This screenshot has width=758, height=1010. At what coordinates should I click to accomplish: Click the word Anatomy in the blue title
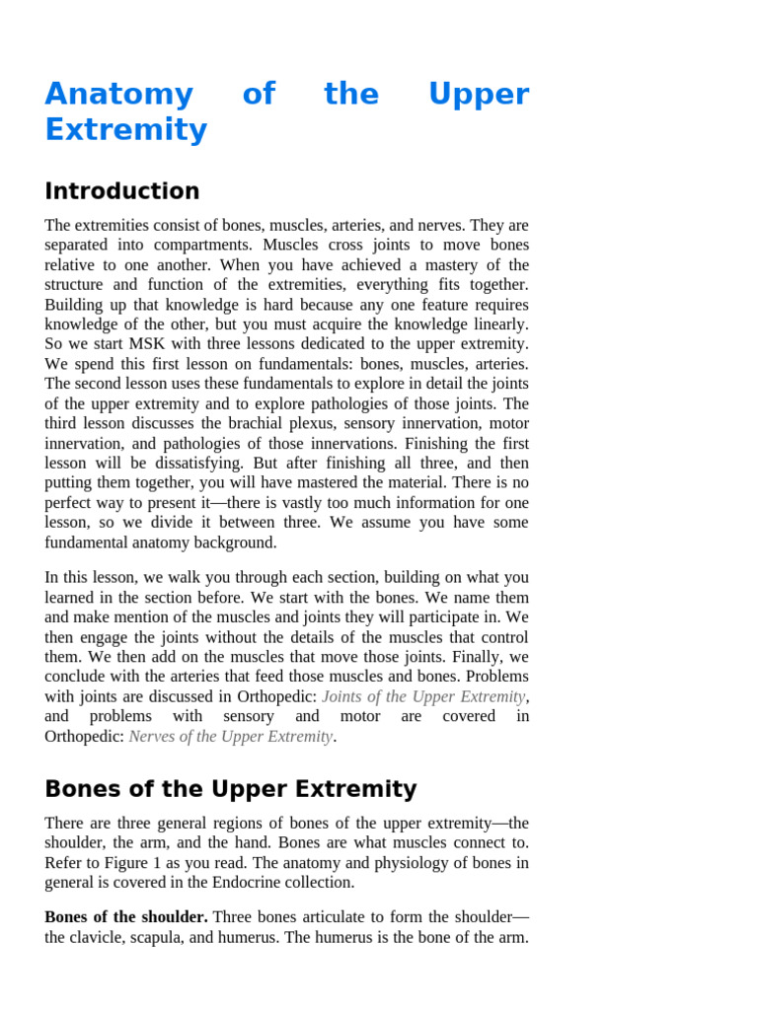coord(118,95)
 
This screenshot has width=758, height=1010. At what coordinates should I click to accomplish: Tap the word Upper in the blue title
coord(479,95)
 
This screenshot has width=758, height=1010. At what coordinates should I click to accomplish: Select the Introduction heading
coord(121,191)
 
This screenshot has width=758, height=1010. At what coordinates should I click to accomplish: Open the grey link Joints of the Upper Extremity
coord(423,696)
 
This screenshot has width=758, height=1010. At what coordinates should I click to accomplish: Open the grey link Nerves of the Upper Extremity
coord(230,736)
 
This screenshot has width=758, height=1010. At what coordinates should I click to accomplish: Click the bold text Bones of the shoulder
coord(125,917)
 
